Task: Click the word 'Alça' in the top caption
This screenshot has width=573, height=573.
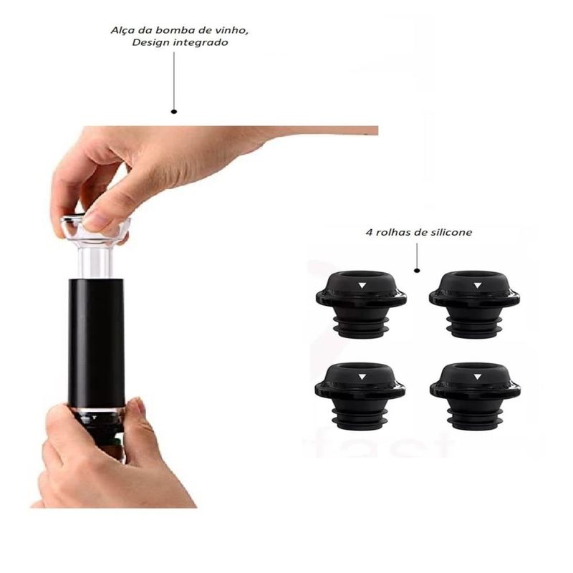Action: pos(122,30)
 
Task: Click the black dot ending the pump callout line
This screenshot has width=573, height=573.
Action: pos(174,112)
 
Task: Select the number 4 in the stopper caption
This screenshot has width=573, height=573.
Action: pos(369,232)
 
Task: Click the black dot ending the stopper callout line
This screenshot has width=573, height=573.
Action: pos(417,271)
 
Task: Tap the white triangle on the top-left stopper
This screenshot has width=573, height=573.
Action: pos(362,285)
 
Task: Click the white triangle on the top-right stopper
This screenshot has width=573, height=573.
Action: pos(477,285)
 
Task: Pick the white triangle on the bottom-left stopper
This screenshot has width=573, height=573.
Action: pos(362,377)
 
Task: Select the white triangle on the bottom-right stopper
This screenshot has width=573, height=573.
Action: pos(477,377)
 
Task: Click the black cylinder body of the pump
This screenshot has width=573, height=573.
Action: pos(96,344)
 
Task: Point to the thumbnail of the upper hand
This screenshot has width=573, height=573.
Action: pos(96,221)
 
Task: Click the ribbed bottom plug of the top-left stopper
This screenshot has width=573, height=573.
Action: pos(362,327)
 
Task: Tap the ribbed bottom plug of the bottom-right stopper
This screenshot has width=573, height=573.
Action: pos(476,419)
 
